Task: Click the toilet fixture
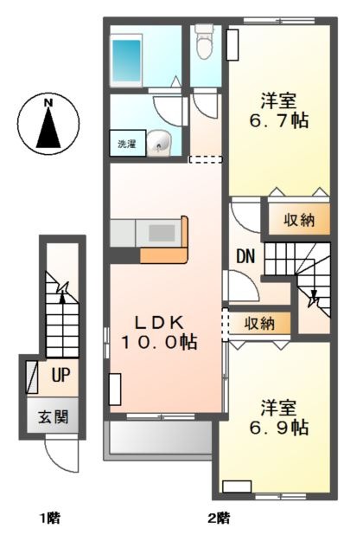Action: tap(204, 41)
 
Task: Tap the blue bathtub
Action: tap(126, 60)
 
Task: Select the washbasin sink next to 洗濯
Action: tap(158, 143)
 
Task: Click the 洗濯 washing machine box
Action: tap(127, 143)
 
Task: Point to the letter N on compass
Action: tap(48, 103)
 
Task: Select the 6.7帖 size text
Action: tap(278, 121)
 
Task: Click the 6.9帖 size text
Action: tap(278, 428)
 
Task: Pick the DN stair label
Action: tap(245, 256)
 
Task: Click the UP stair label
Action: tap(60, 375)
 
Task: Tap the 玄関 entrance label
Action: tap(54, 417)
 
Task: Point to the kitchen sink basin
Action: tap(162, 233)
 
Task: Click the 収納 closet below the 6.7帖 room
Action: tap(299, 220)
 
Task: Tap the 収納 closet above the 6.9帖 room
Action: tap(259, 323)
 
